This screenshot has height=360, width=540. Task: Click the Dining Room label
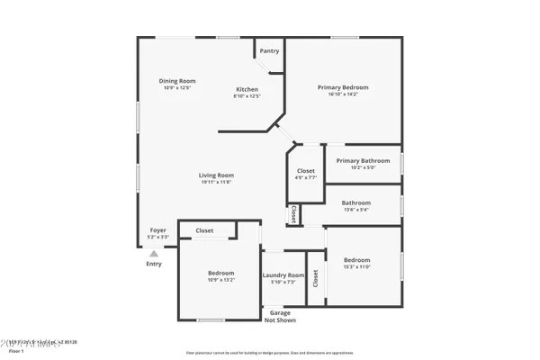point(177,81)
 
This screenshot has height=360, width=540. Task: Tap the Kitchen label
point(247,89)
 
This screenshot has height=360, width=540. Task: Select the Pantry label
point(269,51)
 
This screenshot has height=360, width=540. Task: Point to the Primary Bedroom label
point(343,87)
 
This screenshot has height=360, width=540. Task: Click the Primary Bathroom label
point(361,160)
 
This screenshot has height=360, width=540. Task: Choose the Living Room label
point(216,175)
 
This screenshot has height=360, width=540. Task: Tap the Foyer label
point(157,229)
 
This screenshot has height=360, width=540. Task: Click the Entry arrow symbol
point(154,254)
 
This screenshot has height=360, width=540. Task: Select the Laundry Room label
point(283,275)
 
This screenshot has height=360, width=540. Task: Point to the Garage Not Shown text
point(281,316)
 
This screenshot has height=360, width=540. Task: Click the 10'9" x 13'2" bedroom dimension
point(221,280)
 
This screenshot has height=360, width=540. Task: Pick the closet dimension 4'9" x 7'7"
point(306,177)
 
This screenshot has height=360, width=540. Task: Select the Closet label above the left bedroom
point(204,231)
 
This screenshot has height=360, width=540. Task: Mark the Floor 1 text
point(16,351)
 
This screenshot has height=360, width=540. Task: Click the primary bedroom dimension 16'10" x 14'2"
point(343,94)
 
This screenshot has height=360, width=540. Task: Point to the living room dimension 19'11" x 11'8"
point(216,182)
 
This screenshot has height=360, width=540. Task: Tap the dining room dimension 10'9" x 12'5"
point(177,88)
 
